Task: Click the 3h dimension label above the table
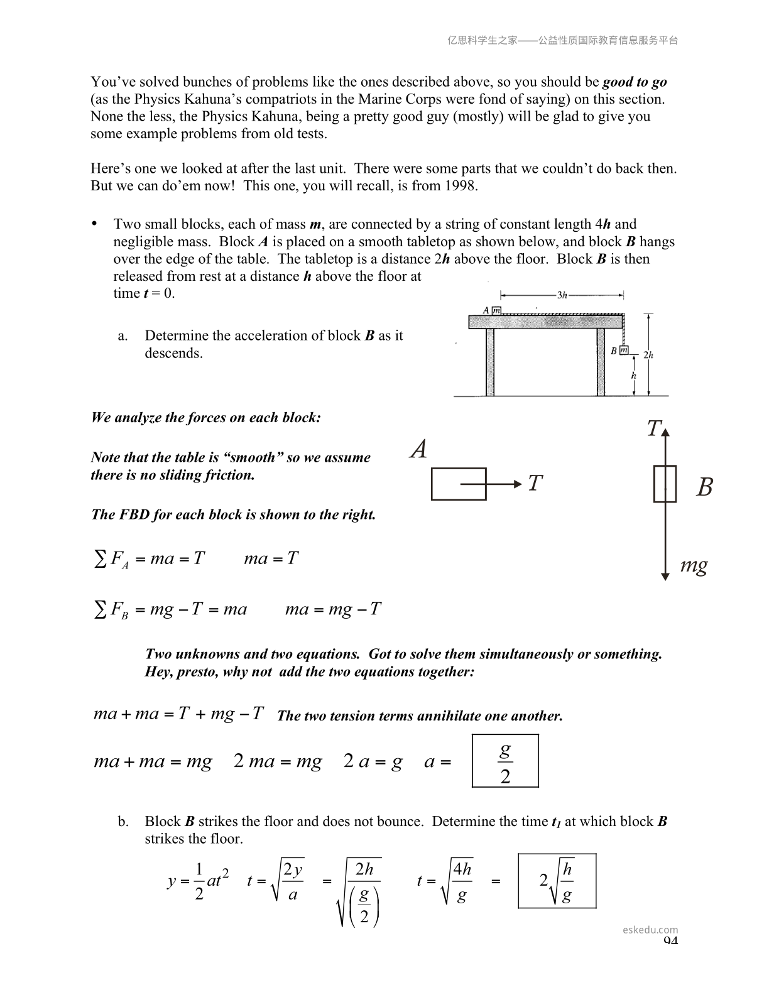pos(562,295)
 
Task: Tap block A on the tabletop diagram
pos(496,310)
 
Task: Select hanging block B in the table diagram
pos(624,351)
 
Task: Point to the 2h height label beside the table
pos(648,355)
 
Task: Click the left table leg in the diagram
pos(490,362)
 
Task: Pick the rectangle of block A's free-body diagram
pos(459,484)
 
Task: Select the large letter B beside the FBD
pos(704,487)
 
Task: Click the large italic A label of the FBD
pos(418,450)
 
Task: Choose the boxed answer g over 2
pos(505,761)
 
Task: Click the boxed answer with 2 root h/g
pos(557,881)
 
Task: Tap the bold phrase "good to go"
pos(635,82)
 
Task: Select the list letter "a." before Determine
pos(123,336)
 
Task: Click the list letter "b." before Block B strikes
pos(123,822)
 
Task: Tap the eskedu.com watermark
pos(650,930)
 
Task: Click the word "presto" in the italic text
pos(197,672)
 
